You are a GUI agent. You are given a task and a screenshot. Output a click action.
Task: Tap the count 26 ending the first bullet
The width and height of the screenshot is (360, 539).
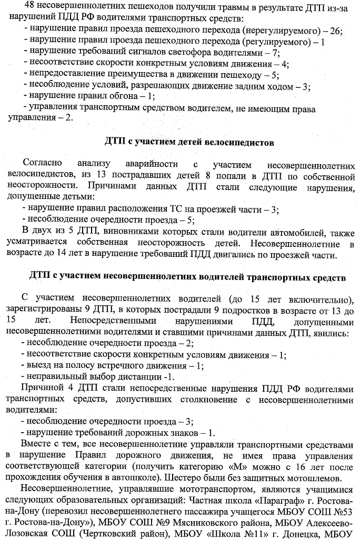[x=335, y=31]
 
